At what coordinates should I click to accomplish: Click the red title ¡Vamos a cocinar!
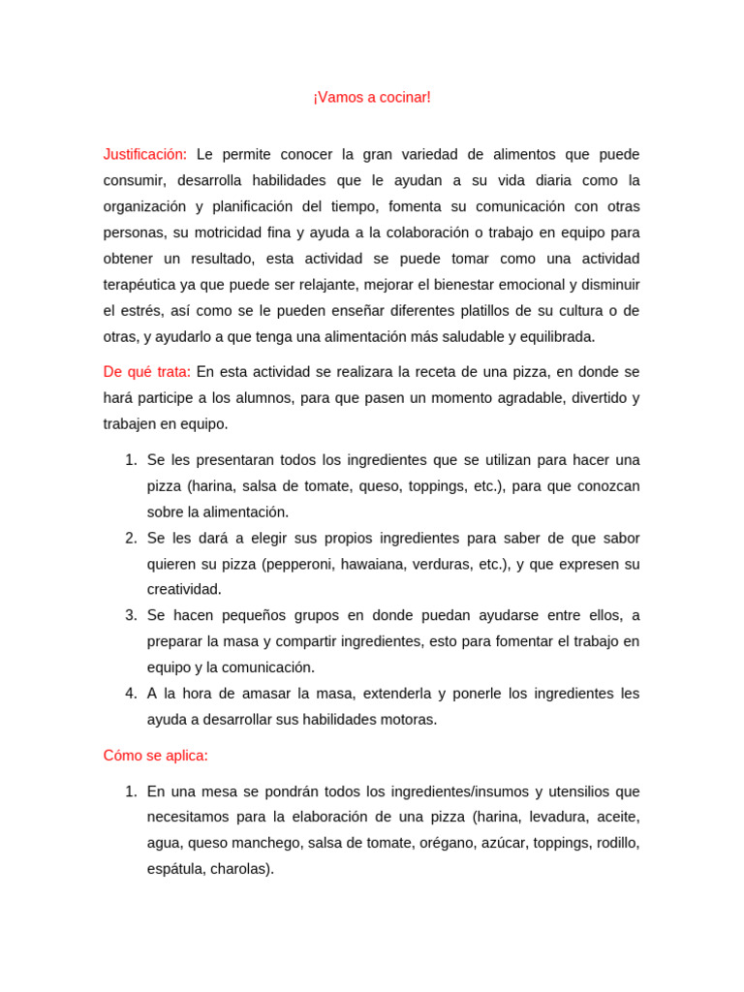coord(372,98)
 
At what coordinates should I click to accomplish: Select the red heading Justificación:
coord(145,154)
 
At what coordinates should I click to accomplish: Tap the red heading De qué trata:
coord(146,372)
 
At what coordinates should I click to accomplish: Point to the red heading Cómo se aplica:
coord(156,756)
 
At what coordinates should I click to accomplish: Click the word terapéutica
coord(141,285)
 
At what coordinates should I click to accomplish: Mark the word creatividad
coord(184,590)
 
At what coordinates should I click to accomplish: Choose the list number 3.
coord(131,615)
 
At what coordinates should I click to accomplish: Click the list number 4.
coord(131,694)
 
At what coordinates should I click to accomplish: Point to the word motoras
coord(411,720)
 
